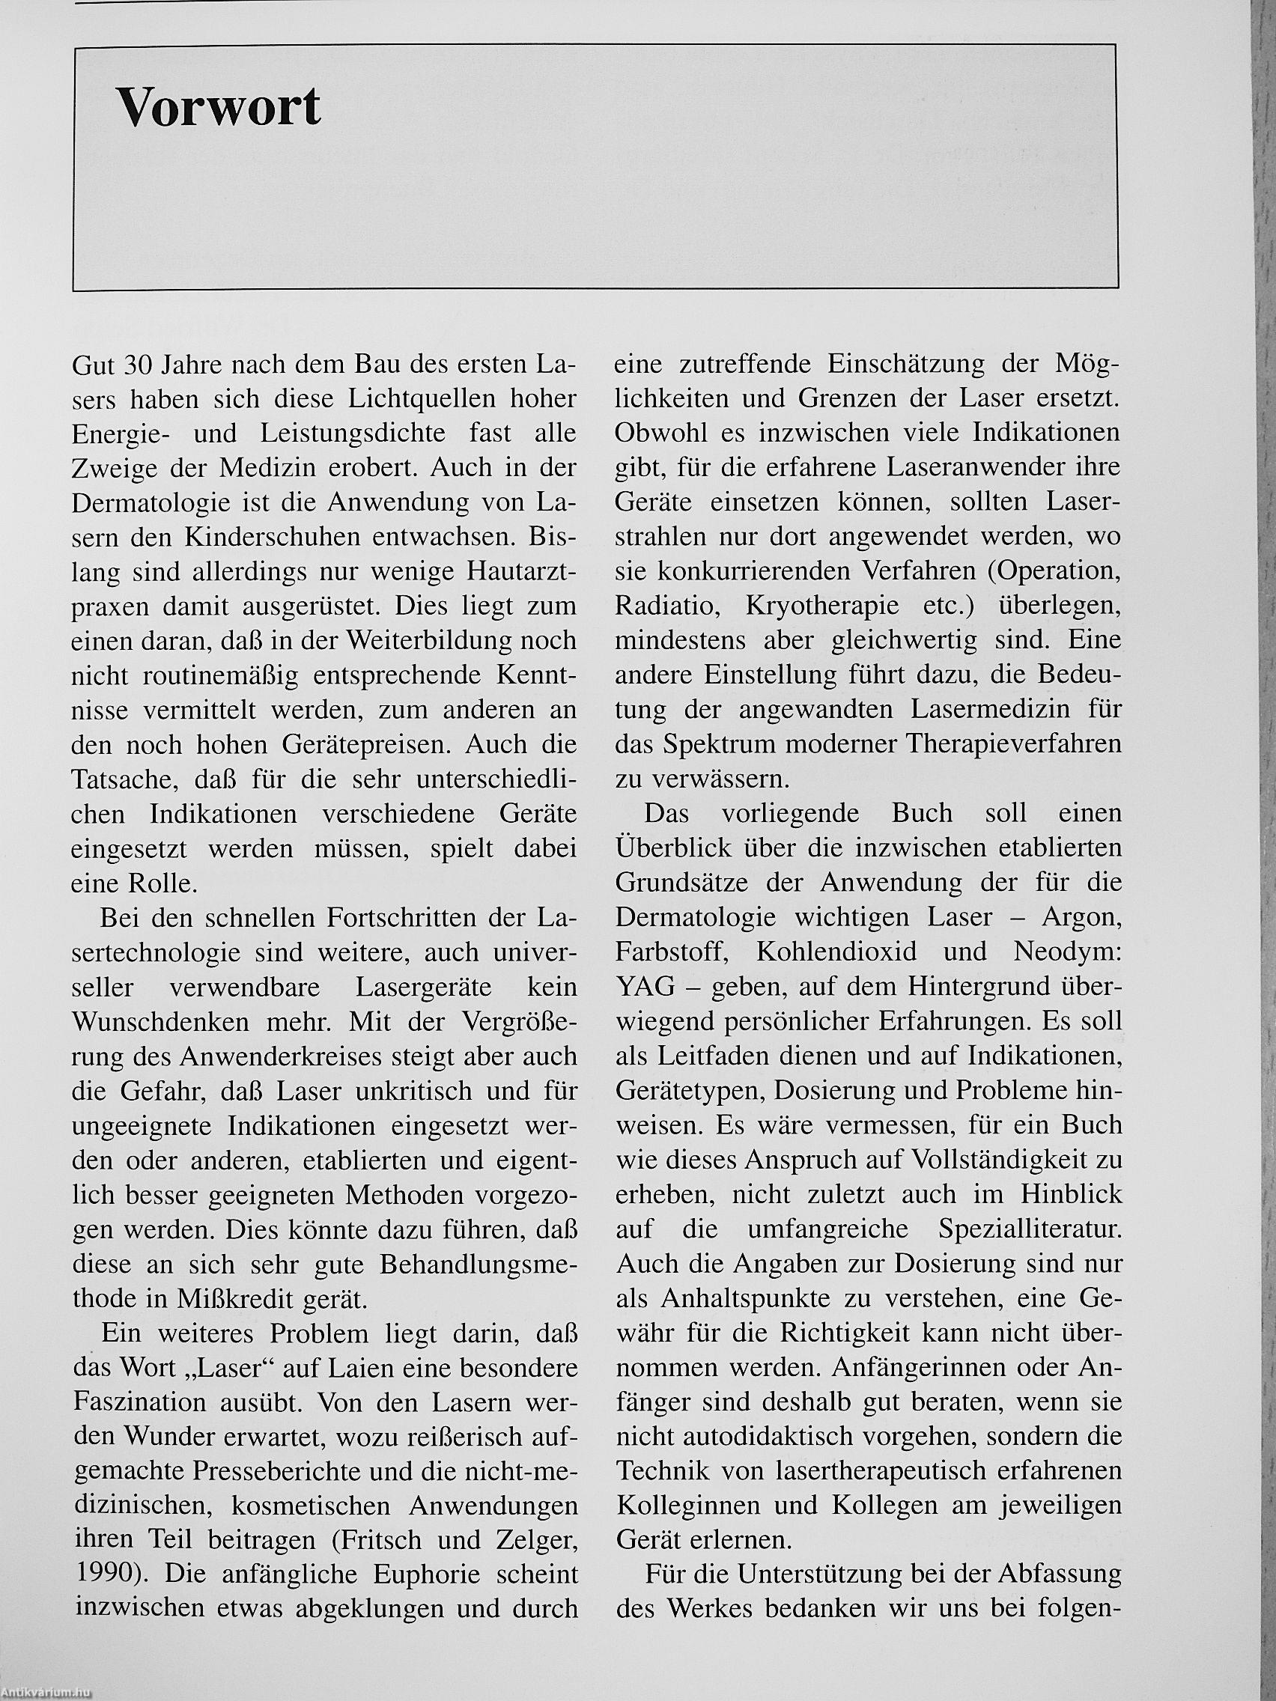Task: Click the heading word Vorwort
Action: point(218,107)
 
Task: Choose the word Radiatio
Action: point(667,606)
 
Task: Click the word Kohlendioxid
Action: point(836,952)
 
